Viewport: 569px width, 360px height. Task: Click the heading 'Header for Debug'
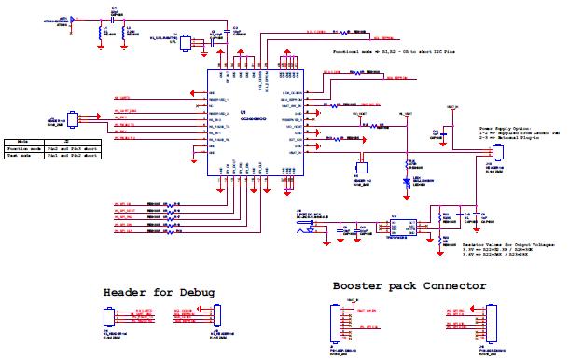(159, 292)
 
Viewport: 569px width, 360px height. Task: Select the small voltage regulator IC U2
(396, 223)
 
